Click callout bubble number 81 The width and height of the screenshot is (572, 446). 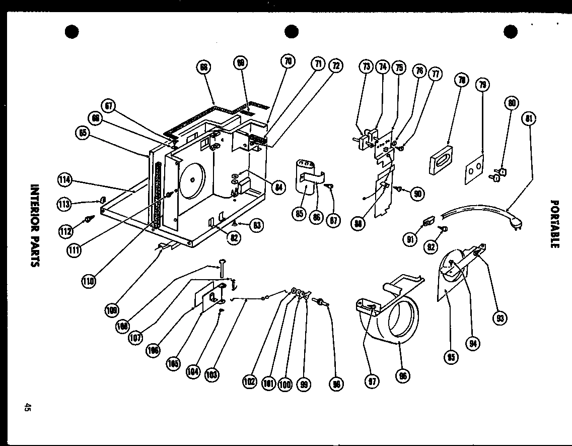coord(529,119)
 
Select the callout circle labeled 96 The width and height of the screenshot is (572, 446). coord(403,375)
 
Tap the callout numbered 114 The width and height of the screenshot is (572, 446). coord(64,180)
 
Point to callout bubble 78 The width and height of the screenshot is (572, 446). coord(461,80)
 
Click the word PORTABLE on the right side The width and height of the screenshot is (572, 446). coord(554,224)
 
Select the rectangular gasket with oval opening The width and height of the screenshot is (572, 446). coord(441,160)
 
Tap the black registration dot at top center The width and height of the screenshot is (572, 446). coord(291,31)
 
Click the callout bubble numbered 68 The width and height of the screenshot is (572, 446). coord(203,68)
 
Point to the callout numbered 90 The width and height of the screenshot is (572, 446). coord(417,194)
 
